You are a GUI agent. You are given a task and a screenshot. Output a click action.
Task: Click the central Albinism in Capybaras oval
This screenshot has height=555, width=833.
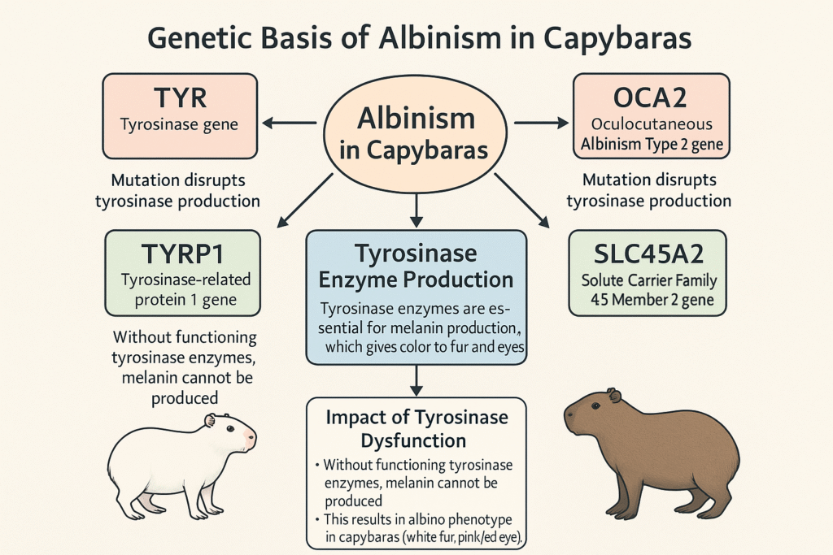[x=416, y=134]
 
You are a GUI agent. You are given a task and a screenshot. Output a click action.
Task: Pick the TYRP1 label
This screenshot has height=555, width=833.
[x=181, y=254]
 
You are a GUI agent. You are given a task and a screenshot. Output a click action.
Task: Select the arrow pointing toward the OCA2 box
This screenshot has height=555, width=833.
[x=542, y=124]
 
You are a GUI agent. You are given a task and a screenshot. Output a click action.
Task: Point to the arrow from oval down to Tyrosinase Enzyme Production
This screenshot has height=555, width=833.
[x=416, y=209]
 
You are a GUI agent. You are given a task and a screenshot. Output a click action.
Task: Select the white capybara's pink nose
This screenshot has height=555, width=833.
[x=251, y=439]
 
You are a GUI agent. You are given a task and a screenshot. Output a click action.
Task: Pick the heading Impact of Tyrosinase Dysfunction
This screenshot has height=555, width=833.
[x=416, y=429]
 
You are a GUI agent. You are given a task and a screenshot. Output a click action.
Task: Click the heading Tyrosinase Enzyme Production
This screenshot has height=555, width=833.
[x=416, y=267]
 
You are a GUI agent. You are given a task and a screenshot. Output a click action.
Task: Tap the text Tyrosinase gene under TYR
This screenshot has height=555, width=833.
[x=181, y=125]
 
